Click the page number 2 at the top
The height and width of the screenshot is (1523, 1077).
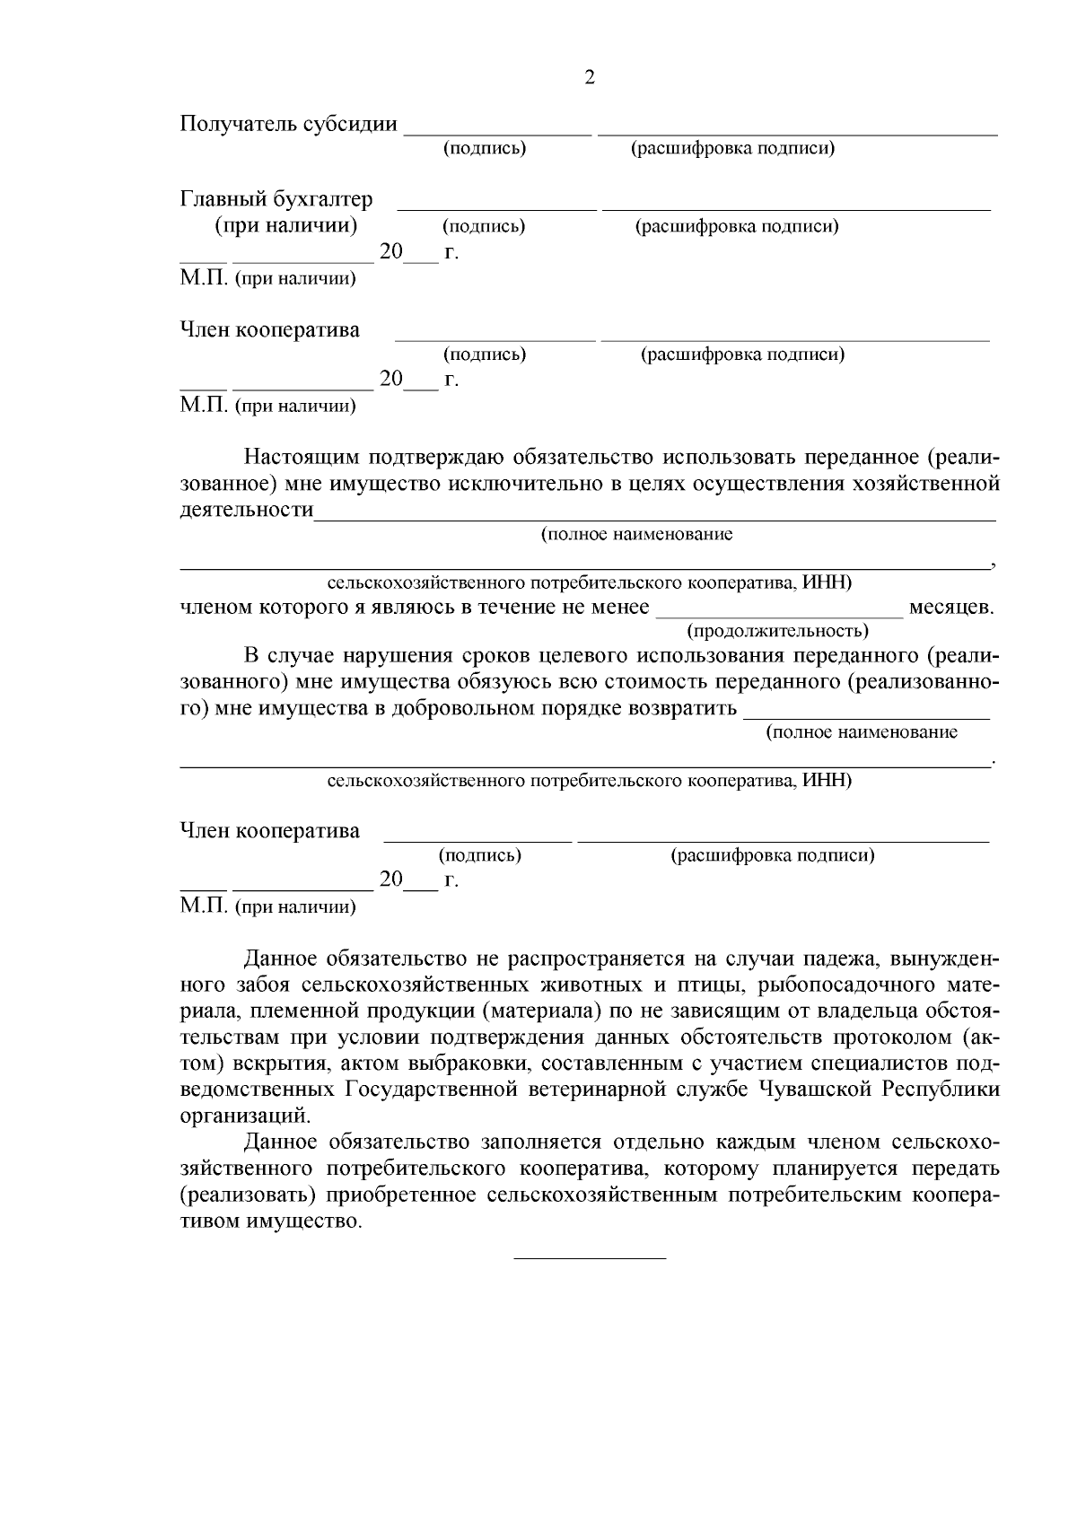pyautogui.click(x=590, y=78)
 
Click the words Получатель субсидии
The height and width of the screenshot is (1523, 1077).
pyautogui.click(x=288, y=124)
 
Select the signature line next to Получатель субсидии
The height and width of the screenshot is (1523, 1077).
pyautogui.click(x=498, y=133)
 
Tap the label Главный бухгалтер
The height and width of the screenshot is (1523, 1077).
pyautogui.click(x=276, y=198)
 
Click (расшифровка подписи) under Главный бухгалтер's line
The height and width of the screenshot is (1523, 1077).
pyautogui.click(x=737, y=226)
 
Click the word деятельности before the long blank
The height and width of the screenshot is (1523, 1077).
pyautogui.click(x=247, y=511)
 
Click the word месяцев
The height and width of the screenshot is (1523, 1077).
pyautogui.click(x=951, y=608)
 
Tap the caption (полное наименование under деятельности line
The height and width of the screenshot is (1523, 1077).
pyautogui.click(x=636, y=535)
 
